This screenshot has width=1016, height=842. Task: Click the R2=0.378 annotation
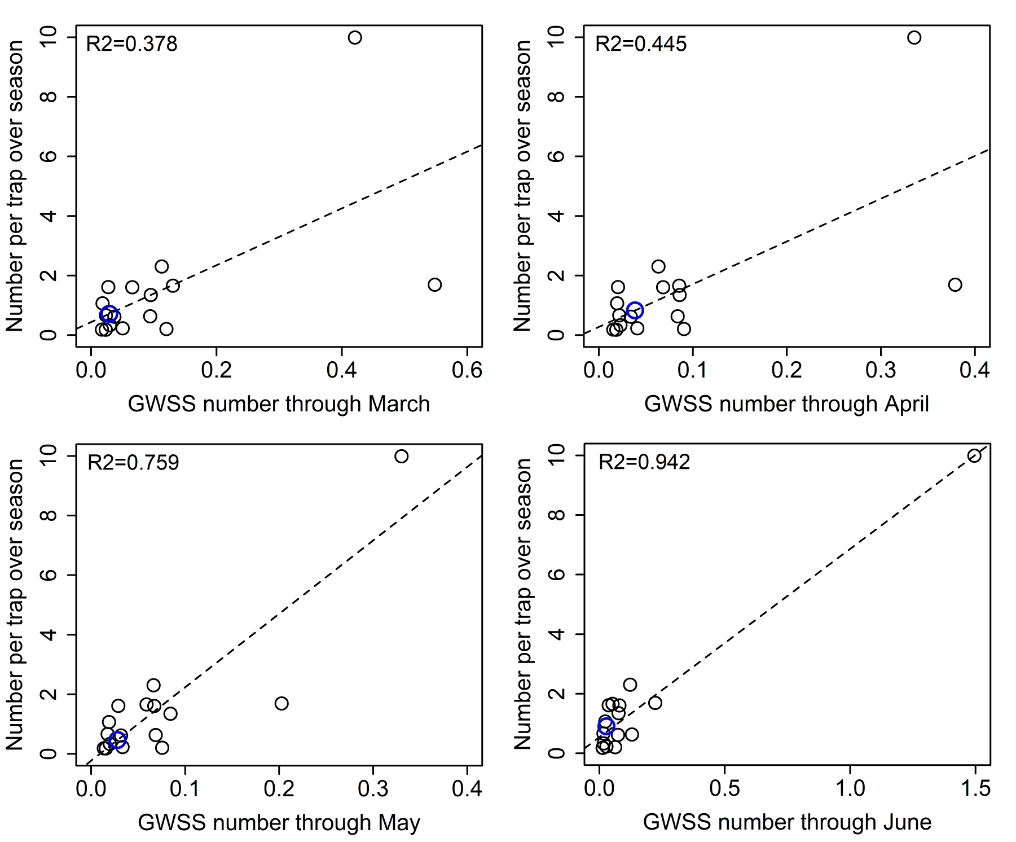click(131, 44)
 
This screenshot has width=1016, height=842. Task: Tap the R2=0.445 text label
click(641, 44)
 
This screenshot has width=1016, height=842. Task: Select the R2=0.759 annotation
click(133, 463)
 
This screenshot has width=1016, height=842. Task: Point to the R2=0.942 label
click(644, 462)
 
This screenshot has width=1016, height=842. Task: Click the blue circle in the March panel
click(109, 314)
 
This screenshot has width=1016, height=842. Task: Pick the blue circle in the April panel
click(635, 310)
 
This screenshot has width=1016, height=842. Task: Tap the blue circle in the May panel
click(117, 740)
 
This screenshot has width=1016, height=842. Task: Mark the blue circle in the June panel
click(606, 726)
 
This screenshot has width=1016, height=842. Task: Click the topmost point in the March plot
click(355, 38)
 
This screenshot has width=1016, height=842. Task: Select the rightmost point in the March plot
click(434, 284)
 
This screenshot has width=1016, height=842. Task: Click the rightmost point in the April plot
click(955, 284)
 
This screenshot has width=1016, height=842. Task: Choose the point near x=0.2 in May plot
click(282, 703)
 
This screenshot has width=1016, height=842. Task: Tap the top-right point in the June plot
click(974, 456)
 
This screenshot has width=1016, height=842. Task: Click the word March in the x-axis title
click(399, 404)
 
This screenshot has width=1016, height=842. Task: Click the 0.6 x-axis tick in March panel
click(467, 370)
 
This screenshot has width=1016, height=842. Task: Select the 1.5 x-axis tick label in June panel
click(975, 788)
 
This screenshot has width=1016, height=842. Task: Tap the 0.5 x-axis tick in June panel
click(724, 788)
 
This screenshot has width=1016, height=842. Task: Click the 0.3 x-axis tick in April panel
click(881, 370)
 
